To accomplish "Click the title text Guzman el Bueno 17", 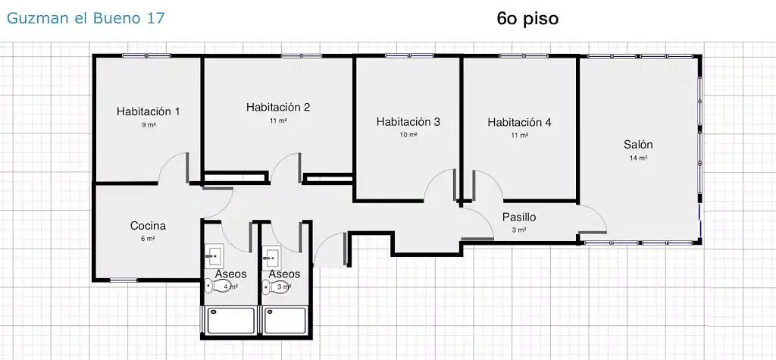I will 85,18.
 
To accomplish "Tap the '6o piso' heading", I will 527,18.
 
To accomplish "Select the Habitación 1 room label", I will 148,111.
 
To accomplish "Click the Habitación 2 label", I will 278,108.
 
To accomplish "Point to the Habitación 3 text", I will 408,121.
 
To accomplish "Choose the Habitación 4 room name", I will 519,122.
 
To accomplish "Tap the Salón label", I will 638,145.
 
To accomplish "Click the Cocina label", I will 148,225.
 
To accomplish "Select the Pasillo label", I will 519,217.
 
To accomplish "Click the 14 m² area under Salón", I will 638,158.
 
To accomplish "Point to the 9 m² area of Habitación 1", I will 148,124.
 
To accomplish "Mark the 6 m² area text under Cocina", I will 148,238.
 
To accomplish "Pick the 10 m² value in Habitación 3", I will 408,135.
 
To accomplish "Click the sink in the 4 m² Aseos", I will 214,255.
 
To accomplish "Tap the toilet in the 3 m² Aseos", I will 267,287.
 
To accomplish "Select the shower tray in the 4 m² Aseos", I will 230,321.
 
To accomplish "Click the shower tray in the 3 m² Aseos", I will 285,321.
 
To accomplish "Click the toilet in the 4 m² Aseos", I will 210,286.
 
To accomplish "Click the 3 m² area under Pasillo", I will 519,230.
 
